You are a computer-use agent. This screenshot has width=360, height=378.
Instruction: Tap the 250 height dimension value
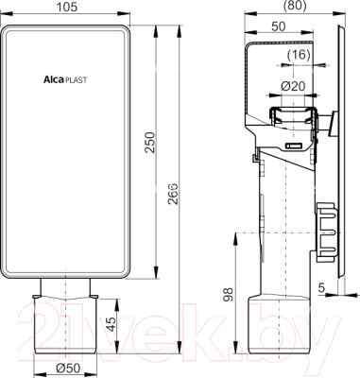tap(150, 143)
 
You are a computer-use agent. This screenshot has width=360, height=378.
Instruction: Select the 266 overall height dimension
tap(173, 194)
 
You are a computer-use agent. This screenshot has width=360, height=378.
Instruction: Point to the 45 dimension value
tap(110, 323)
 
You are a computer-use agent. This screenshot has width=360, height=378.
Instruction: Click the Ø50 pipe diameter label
tap(67, 369)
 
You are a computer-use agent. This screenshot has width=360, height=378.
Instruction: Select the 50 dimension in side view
tap(278, 26)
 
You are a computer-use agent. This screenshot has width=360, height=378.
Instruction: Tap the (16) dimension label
tap(299, 55)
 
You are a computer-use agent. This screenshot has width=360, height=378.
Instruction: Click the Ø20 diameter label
tap(293, 86)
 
